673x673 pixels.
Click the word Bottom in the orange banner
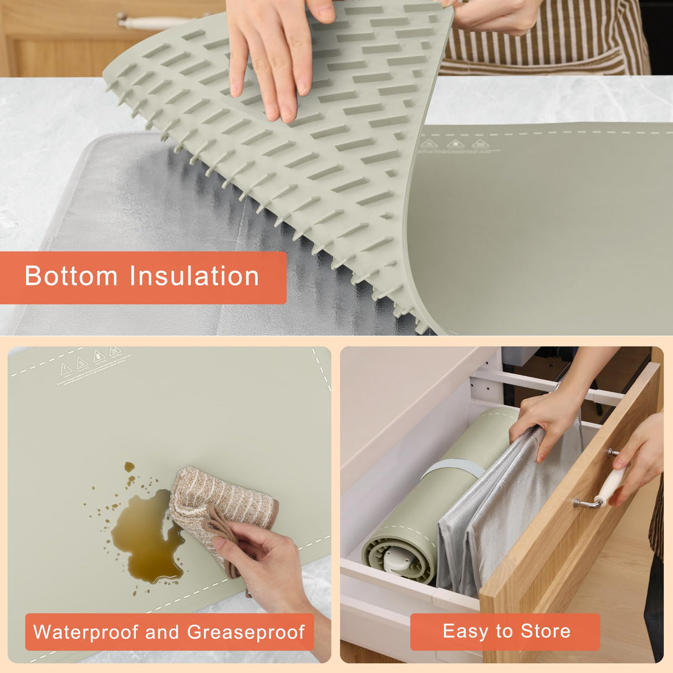71,276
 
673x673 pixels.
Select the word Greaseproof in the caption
246,632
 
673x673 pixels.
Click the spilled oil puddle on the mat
147,535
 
